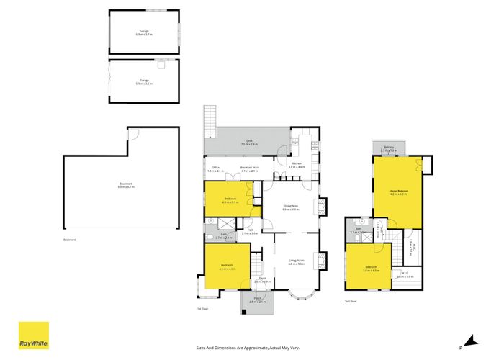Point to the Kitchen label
pos(297,165)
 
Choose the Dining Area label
pos(290,209)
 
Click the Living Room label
pos(297,263)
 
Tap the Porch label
pos(257,300)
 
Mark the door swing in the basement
pos(132,136)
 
